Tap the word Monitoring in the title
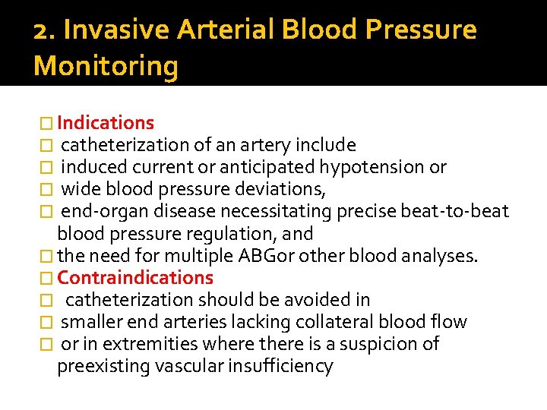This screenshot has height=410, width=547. pos(106,66)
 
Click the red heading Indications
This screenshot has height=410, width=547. pos(106,123)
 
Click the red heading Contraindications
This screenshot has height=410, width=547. pos(135,278)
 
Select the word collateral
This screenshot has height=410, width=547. pos(352,322)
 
